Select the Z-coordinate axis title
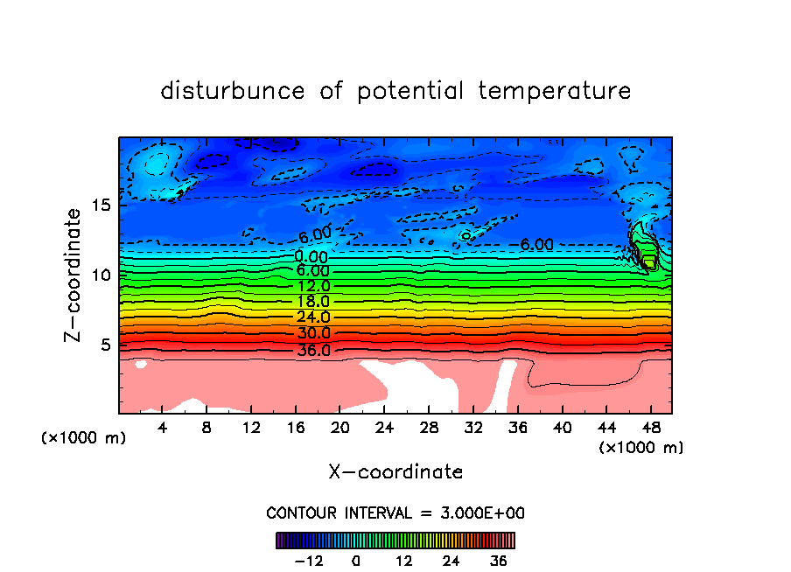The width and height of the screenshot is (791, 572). [x=73, y=275]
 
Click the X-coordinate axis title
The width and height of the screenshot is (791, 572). [x=395, y=472]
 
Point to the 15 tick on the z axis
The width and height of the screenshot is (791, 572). [x=101, y=206]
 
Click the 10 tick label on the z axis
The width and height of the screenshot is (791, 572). [x=101, y=276]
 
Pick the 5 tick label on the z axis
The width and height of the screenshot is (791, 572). [x=107, y=345]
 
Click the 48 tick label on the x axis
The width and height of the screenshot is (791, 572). [x=650, y=429]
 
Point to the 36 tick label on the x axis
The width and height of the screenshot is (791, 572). [x=517, y=429]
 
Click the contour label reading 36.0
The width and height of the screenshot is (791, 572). [x=312, y=351]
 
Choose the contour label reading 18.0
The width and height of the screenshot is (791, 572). [x=312, y=302]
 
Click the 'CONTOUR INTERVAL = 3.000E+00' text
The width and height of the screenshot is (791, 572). [x=395, y=513]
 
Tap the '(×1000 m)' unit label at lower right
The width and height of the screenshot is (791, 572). [x=641, y=448]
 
